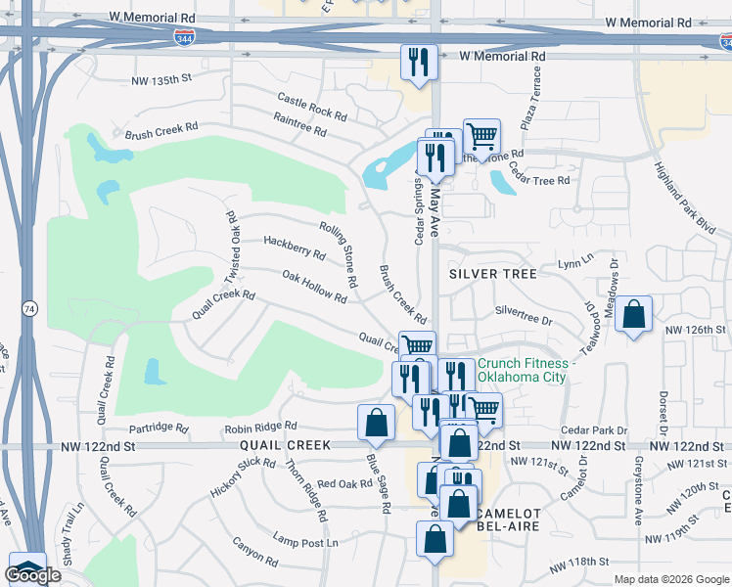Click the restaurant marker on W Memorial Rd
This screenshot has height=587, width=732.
click(420, 64)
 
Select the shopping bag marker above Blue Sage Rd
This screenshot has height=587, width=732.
click(377, 423)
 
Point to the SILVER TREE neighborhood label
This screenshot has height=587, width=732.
click(493, 274)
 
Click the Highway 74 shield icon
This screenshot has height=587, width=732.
click(29, 308)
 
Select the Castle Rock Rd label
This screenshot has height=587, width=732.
click(312, 107)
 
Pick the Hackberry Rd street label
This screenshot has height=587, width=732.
click(295, 247)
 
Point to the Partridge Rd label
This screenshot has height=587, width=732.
click(159, 428)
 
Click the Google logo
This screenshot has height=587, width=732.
click(33, 576)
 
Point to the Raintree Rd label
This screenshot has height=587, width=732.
click(300, 127)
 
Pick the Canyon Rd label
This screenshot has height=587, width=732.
click(255, 551)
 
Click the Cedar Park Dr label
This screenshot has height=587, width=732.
click(594, 429)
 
